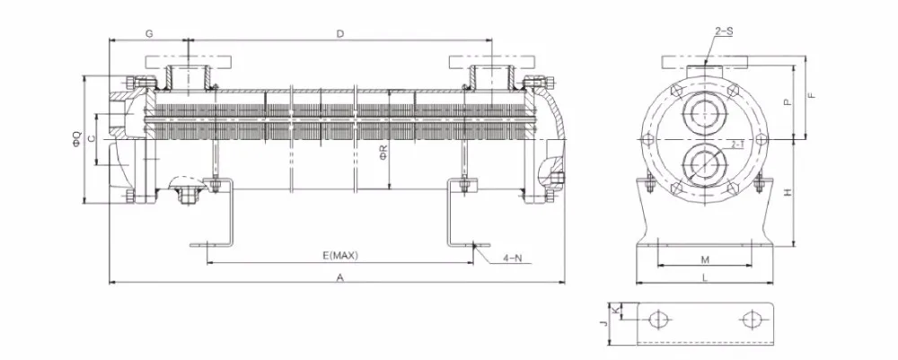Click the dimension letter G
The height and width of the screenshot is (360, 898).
coord(149,34)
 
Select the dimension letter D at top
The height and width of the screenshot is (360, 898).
coord(340,34)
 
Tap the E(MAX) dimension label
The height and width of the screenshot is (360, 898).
coord(340,255)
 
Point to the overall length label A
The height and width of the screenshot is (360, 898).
coord(340,277)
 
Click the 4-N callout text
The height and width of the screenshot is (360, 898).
coord(513,259)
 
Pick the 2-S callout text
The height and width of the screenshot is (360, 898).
coord(724,31)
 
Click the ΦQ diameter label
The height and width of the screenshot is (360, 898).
coord(76,139)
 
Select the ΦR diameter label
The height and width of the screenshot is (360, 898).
coord(383,153)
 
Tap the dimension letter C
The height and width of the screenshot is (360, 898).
coord(92,139)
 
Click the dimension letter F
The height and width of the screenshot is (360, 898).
coord(811,95)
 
